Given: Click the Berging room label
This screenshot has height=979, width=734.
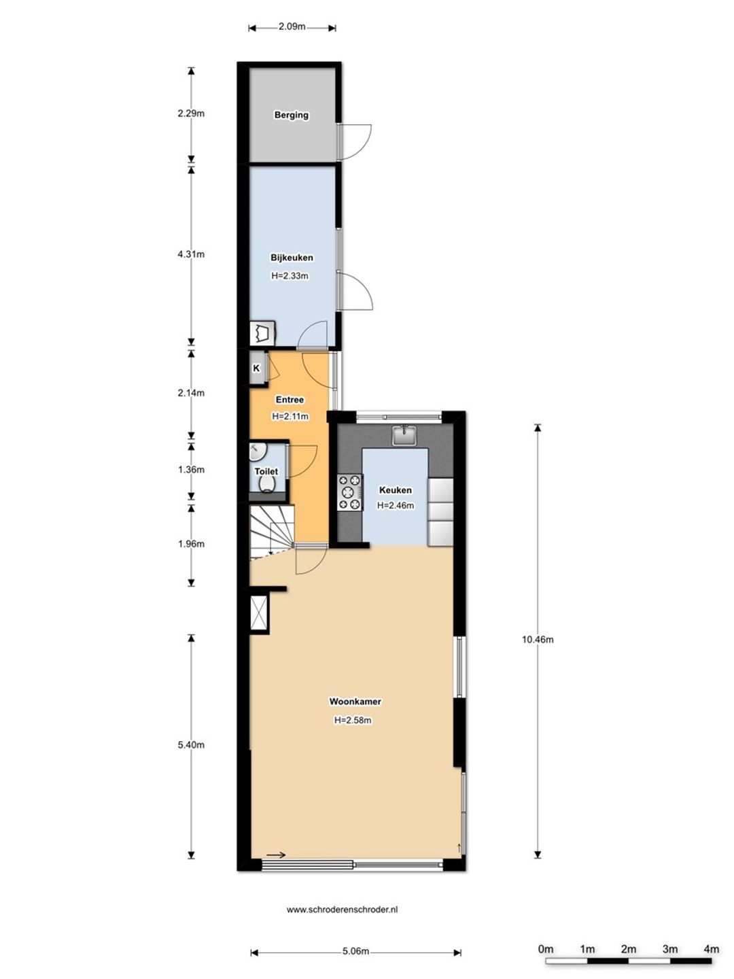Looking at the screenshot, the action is point(291,115).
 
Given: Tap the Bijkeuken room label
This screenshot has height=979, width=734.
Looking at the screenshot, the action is point(292,258).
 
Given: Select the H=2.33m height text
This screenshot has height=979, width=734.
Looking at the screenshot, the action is point(290,275).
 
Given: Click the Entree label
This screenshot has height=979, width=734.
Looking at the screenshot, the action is point(290,400).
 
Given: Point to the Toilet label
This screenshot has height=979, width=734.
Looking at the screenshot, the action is point(266,471).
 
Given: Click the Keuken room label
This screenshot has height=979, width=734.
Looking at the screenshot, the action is point(396,489).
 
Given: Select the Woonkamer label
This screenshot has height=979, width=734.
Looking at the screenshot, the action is point(355,702).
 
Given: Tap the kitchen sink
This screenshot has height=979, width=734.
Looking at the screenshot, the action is point(404,435).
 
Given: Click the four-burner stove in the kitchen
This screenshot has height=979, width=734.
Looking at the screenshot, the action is point(349,492).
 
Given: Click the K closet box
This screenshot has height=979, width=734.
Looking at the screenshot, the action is point(257,368).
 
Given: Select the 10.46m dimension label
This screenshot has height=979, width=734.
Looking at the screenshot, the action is point(538,640).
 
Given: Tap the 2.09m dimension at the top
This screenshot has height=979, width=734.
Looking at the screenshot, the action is point(292,27).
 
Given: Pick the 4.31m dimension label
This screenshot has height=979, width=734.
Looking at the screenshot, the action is point(191,254).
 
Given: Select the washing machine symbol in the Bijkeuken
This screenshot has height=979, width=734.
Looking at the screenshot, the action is point(262,333).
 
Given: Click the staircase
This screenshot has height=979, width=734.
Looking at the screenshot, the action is point(272,532).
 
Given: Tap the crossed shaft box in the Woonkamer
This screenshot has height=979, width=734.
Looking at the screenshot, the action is point(259,613).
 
